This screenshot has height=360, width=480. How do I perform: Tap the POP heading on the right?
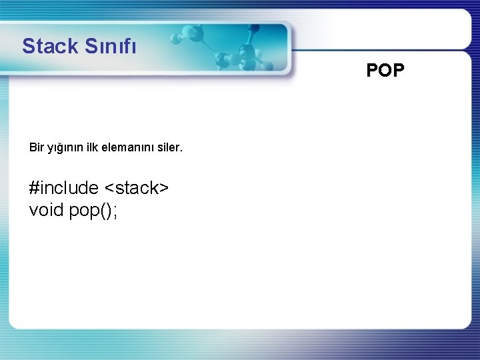[x=385, y=71]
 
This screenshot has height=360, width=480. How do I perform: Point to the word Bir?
[x=37, y=146]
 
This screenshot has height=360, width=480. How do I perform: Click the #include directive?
[x=64, y=188]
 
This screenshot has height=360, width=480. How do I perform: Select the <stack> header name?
[x=137, y=188]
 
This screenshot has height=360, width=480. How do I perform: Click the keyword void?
[x=47, y=210]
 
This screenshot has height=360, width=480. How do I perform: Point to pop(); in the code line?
[x=93, y=211]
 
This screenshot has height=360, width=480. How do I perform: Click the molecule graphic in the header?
[x=243, y=50]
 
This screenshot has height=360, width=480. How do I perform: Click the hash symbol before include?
[x=35, y=188]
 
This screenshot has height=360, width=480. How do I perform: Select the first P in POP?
[x=372, y=71]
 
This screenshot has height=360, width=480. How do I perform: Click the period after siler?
[x=180, y=149]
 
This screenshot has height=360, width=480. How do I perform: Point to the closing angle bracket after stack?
[x=164, y=189]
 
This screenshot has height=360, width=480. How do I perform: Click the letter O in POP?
[x=385, y=71]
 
